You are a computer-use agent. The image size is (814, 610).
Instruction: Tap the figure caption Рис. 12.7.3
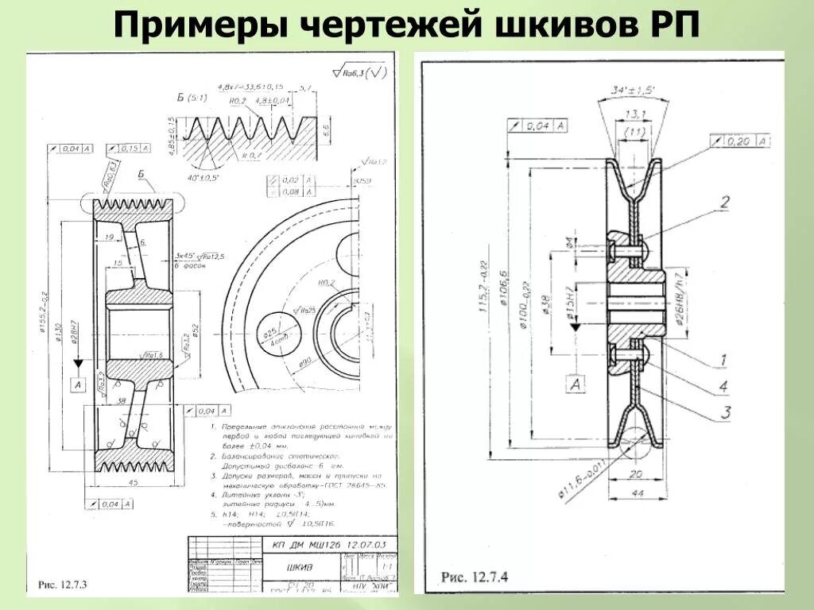tap(62, 585)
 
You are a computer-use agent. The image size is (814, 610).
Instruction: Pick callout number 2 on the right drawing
tap(724, 203)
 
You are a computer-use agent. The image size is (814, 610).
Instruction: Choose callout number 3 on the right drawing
tap(724, 411)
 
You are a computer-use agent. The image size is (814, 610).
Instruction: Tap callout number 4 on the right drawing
tap(724, 386)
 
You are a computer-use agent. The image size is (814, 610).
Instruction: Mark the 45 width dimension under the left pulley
tap(133, 481)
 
